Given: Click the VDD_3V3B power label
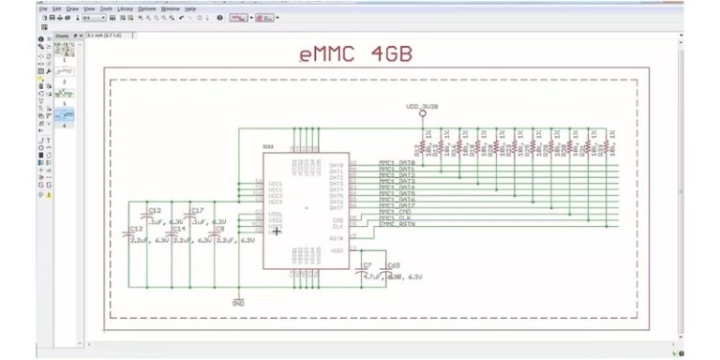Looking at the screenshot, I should [422, 107].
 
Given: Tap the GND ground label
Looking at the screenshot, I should [238, 303].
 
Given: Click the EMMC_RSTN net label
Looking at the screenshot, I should [397, 226].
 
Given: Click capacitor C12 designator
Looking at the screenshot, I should [137, 229].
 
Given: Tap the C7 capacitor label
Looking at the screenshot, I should [367, 266].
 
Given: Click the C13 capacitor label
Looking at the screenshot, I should [155, 210].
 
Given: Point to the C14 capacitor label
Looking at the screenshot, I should [179, 229].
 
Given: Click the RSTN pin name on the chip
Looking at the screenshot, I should [336, 237].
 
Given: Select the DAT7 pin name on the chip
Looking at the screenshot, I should [337, 207].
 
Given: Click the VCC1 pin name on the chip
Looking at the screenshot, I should [275, 183].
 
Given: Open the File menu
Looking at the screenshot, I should [43, 8].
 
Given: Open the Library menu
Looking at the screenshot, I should [125, 8].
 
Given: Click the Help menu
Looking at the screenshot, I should [191, 8].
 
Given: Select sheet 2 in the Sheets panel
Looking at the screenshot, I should [64, 82].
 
